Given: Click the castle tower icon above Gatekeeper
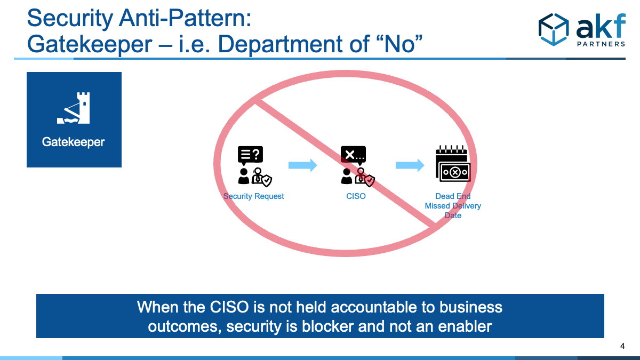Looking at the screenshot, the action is (x=74, y=108).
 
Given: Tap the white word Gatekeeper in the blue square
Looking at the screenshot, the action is (x=74, y=142).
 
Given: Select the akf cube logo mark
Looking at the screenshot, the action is (x=554, y=29).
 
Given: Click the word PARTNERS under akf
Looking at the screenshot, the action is (x=601, y=44).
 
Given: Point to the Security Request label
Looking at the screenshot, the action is (x=253, y=196).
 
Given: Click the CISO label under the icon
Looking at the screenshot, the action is (x=356, y=196).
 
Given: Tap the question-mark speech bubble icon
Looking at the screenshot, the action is (x=250, y=155).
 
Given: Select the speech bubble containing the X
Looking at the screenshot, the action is (x=353, y=155).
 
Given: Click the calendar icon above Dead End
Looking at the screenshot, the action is (x=453, y=163).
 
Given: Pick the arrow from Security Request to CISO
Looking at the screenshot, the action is (x=303, y=165).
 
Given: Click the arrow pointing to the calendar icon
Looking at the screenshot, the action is (x=410, y=165).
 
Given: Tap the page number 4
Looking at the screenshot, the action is (x=622, y=346).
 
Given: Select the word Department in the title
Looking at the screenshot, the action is (x=279, y=45).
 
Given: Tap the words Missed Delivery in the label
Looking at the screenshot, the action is (x=453, y=206).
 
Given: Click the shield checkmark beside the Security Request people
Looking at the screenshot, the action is (x=267, y=181).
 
